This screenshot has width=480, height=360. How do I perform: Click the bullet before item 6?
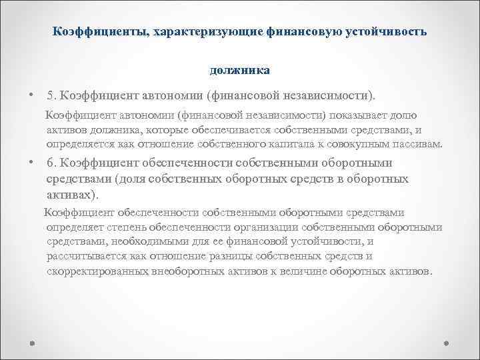click(x=31, y=163)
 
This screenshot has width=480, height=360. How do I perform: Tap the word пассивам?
click(x=418, y=144)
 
